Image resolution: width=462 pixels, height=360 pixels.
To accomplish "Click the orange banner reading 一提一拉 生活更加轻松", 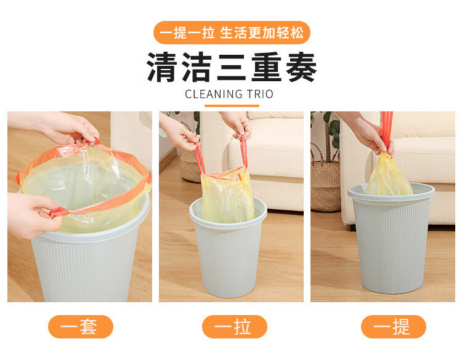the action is [232, 33].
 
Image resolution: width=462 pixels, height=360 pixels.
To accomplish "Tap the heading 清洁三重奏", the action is [232, 67].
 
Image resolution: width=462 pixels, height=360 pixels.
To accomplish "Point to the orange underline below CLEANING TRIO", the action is [232, 106].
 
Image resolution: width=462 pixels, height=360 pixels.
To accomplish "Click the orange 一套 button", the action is [81, 327].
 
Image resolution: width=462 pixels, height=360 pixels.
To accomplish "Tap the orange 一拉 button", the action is [235, 327].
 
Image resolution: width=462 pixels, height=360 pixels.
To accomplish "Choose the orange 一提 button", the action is [394, 327].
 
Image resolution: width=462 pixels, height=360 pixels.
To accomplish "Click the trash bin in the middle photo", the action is [228, 250].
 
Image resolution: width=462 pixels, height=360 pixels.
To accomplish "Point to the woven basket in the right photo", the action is [325, 183].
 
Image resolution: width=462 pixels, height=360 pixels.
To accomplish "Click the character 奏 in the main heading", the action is [301, 67].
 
